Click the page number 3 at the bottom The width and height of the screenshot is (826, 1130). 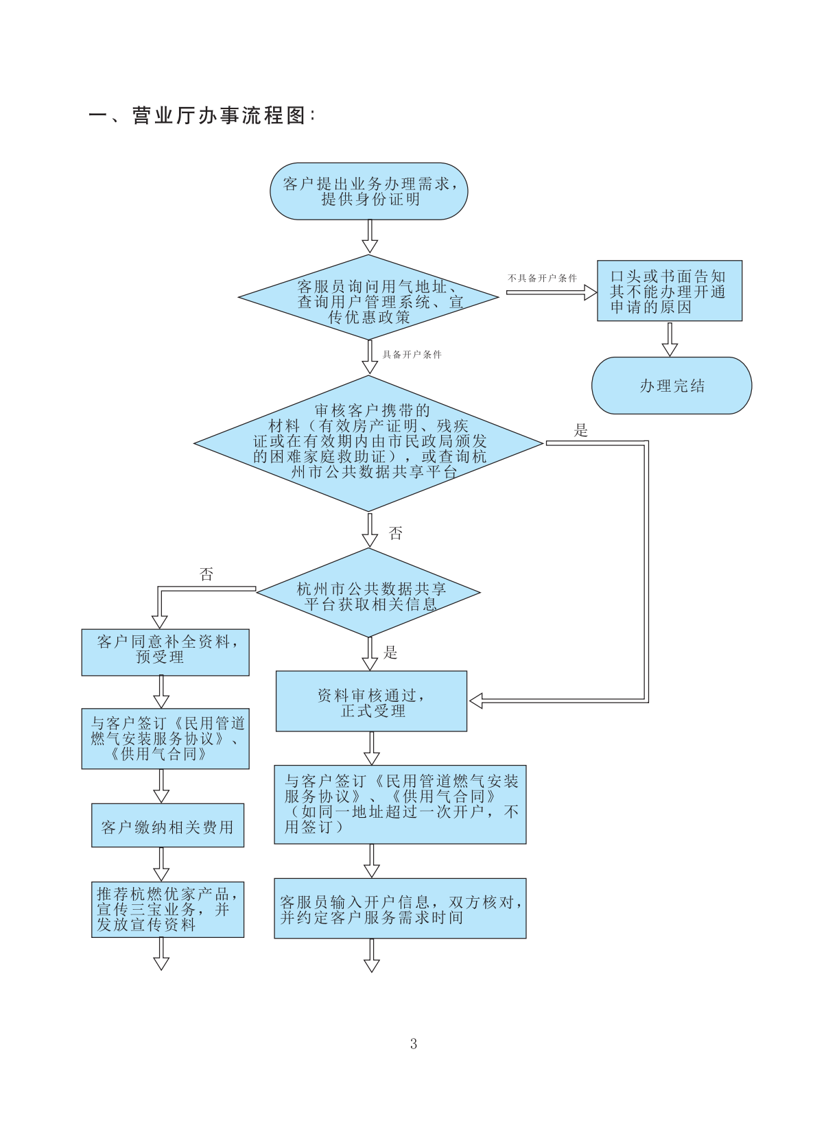(413, 1044)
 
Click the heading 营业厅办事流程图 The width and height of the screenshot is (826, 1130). (218, 115)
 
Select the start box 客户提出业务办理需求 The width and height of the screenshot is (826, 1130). (369, 191)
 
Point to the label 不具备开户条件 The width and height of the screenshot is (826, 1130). (542, 278)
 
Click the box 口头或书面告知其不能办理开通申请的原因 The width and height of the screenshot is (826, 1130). (669, 291)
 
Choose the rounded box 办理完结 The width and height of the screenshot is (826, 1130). (672, 386)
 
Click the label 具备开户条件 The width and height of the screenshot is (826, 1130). (412, 354)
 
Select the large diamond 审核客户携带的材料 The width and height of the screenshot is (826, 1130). (369, 443)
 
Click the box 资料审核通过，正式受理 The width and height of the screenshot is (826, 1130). (371, 701)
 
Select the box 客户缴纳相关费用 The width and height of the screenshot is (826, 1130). (167, 825)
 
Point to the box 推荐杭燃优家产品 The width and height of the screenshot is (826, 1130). (167, 909)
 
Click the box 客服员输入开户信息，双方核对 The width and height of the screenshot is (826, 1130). (400, 908)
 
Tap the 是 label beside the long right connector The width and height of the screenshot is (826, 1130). (580, 431)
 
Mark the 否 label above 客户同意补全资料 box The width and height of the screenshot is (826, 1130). (206, 574)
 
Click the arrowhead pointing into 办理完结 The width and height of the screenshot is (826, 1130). (670, 349)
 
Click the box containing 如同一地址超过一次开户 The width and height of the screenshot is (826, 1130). (400, 804)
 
